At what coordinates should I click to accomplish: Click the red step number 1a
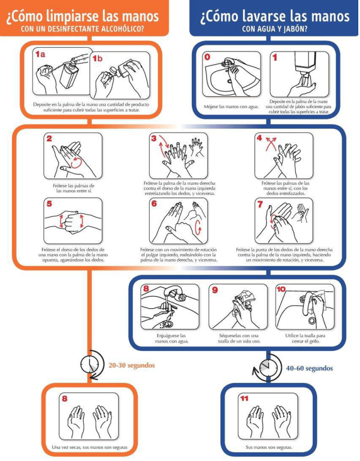[40, 54]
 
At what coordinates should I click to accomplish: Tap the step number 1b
[97, 58]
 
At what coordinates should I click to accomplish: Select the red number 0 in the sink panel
[208, 57]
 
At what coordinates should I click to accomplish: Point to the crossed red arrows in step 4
[271, 143]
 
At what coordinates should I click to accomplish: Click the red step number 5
[49, 204]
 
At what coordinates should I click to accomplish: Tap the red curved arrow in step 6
[198, 227]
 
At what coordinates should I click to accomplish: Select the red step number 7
[260, 204]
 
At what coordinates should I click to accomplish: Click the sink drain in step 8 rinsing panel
[169, 324]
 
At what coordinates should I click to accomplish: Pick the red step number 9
[215, 290]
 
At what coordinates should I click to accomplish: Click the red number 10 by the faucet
[281, 290]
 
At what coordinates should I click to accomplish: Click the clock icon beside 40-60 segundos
[267, 368]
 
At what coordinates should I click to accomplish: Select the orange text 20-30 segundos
[132, 365]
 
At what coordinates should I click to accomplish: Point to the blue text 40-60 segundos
[309, 368]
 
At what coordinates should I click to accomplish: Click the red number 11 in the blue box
[245, 399]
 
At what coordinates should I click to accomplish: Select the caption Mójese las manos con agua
[232, 107]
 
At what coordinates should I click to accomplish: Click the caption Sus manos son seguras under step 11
[269, 448]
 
